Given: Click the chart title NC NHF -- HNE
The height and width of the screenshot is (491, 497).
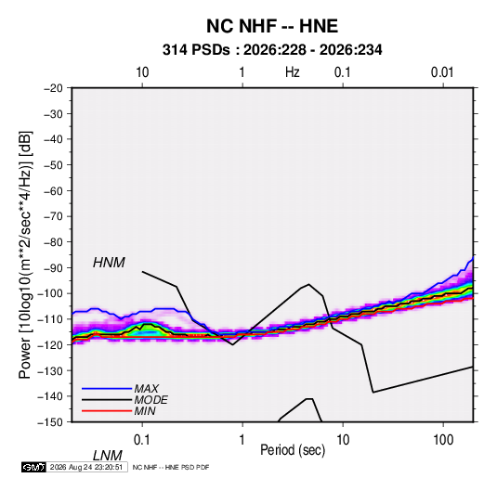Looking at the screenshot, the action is tap(272, 26).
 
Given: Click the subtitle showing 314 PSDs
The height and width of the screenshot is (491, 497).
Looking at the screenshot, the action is tap(272, 50).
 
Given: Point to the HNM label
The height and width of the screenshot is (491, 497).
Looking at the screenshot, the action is tap(109, 263).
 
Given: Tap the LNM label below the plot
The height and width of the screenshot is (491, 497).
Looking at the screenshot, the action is tap(108, 456).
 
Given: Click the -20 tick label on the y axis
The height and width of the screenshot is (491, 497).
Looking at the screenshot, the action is tap(53, 88).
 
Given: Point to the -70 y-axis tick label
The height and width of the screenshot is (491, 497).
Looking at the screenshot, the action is tap(53, 216).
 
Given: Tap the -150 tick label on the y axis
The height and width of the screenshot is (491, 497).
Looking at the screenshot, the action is tap(50, 422).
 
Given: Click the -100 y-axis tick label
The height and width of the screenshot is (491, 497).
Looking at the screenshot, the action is tap(50, 293).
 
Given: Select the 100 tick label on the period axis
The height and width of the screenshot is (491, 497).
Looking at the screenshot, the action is tap(443, 440).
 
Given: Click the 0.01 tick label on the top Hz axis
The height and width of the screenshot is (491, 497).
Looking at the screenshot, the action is tap(442, 72).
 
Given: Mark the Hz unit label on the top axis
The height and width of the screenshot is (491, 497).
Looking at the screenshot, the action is tap(293, 72).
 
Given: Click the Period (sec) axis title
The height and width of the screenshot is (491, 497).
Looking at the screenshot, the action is tap(293, 450).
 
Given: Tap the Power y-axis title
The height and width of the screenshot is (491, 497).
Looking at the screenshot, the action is tap(25, 255).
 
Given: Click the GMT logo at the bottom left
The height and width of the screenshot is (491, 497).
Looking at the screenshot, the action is tap(33, 467).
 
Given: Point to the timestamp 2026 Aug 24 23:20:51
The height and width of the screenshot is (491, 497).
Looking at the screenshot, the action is tap(86, 467).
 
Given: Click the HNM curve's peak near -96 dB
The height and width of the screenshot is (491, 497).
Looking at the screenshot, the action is tap(308, 284).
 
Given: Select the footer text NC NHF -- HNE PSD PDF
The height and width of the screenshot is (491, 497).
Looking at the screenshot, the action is tap(171, 467).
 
